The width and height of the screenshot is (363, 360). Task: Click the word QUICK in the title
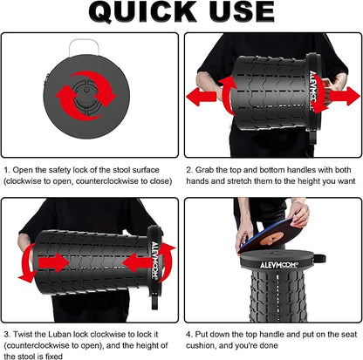(143, 11)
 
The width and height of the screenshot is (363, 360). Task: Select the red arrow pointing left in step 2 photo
(201, 96)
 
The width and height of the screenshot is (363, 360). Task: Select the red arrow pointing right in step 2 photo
(345, 96)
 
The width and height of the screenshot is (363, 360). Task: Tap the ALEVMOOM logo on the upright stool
(279, 265)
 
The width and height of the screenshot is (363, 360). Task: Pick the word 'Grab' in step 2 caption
(204, 170)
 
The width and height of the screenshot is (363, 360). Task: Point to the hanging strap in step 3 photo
(154, 299)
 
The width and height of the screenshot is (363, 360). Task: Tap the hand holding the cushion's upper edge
(298, 214)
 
